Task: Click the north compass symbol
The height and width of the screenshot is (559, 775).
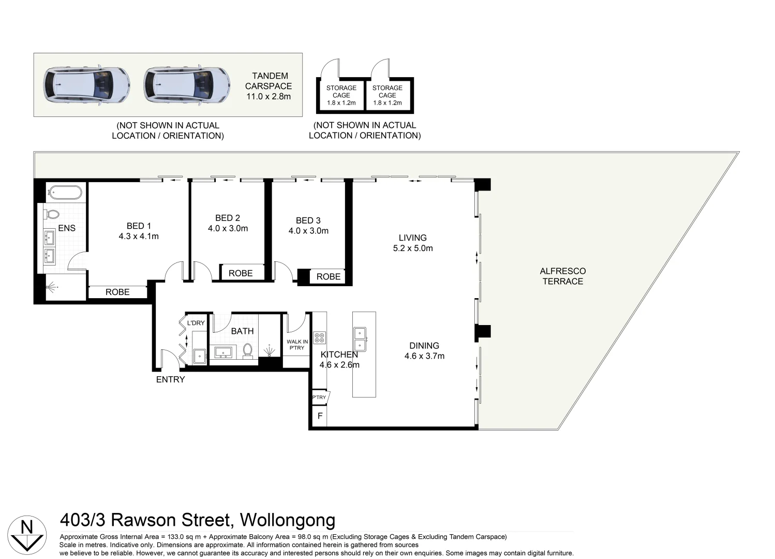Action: pos(27,535)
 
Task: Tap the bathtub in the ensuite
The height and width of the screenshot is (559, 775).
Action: pos(65,192)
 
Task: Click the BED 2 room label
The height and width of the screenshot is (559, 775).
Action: pos(228,218)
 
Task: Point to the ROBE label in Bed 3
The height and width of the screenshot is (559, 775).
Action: pos(329,276)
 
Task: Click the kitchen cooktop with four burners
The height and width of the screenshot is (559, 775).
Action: pos(319,337)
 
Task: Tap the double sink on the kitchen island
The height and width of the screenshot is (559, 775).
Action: pos(360,339)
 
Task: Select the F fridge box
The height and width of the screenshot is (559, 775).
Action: pos(320,416)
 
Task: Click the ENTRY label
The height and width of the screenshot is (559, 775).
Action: pos(170,379)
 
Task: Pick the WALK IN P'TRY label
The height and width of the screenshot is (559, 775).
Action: pos(297,345)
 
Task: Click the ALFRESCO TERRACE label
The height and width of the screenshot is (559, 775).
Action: pos(563,276)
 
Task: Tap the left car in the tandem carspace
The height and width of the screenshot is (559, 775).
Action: pos(86,85)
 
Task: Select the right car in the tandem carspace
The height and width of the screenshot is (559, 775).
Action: pos(187,85)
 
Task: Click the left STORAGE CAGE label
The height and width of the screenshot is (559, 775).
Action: pos(341,92)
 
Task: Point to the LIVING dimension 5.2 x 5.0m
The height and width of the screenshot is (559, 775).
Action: pos(413,248)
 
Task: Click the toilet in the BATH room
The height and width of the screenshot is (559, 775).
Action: pos(247,350)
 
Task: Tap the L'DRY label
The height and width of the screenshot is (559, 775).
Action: pos(196,323)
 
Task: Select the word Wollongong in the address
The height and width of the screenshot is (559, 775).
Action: pos(288,520)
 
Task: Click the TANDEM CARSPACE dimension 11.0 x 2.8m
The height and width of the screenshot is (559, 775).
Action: pos(269,97)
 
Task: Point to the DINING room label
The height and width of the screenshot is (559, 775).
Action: pos(424,345)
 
